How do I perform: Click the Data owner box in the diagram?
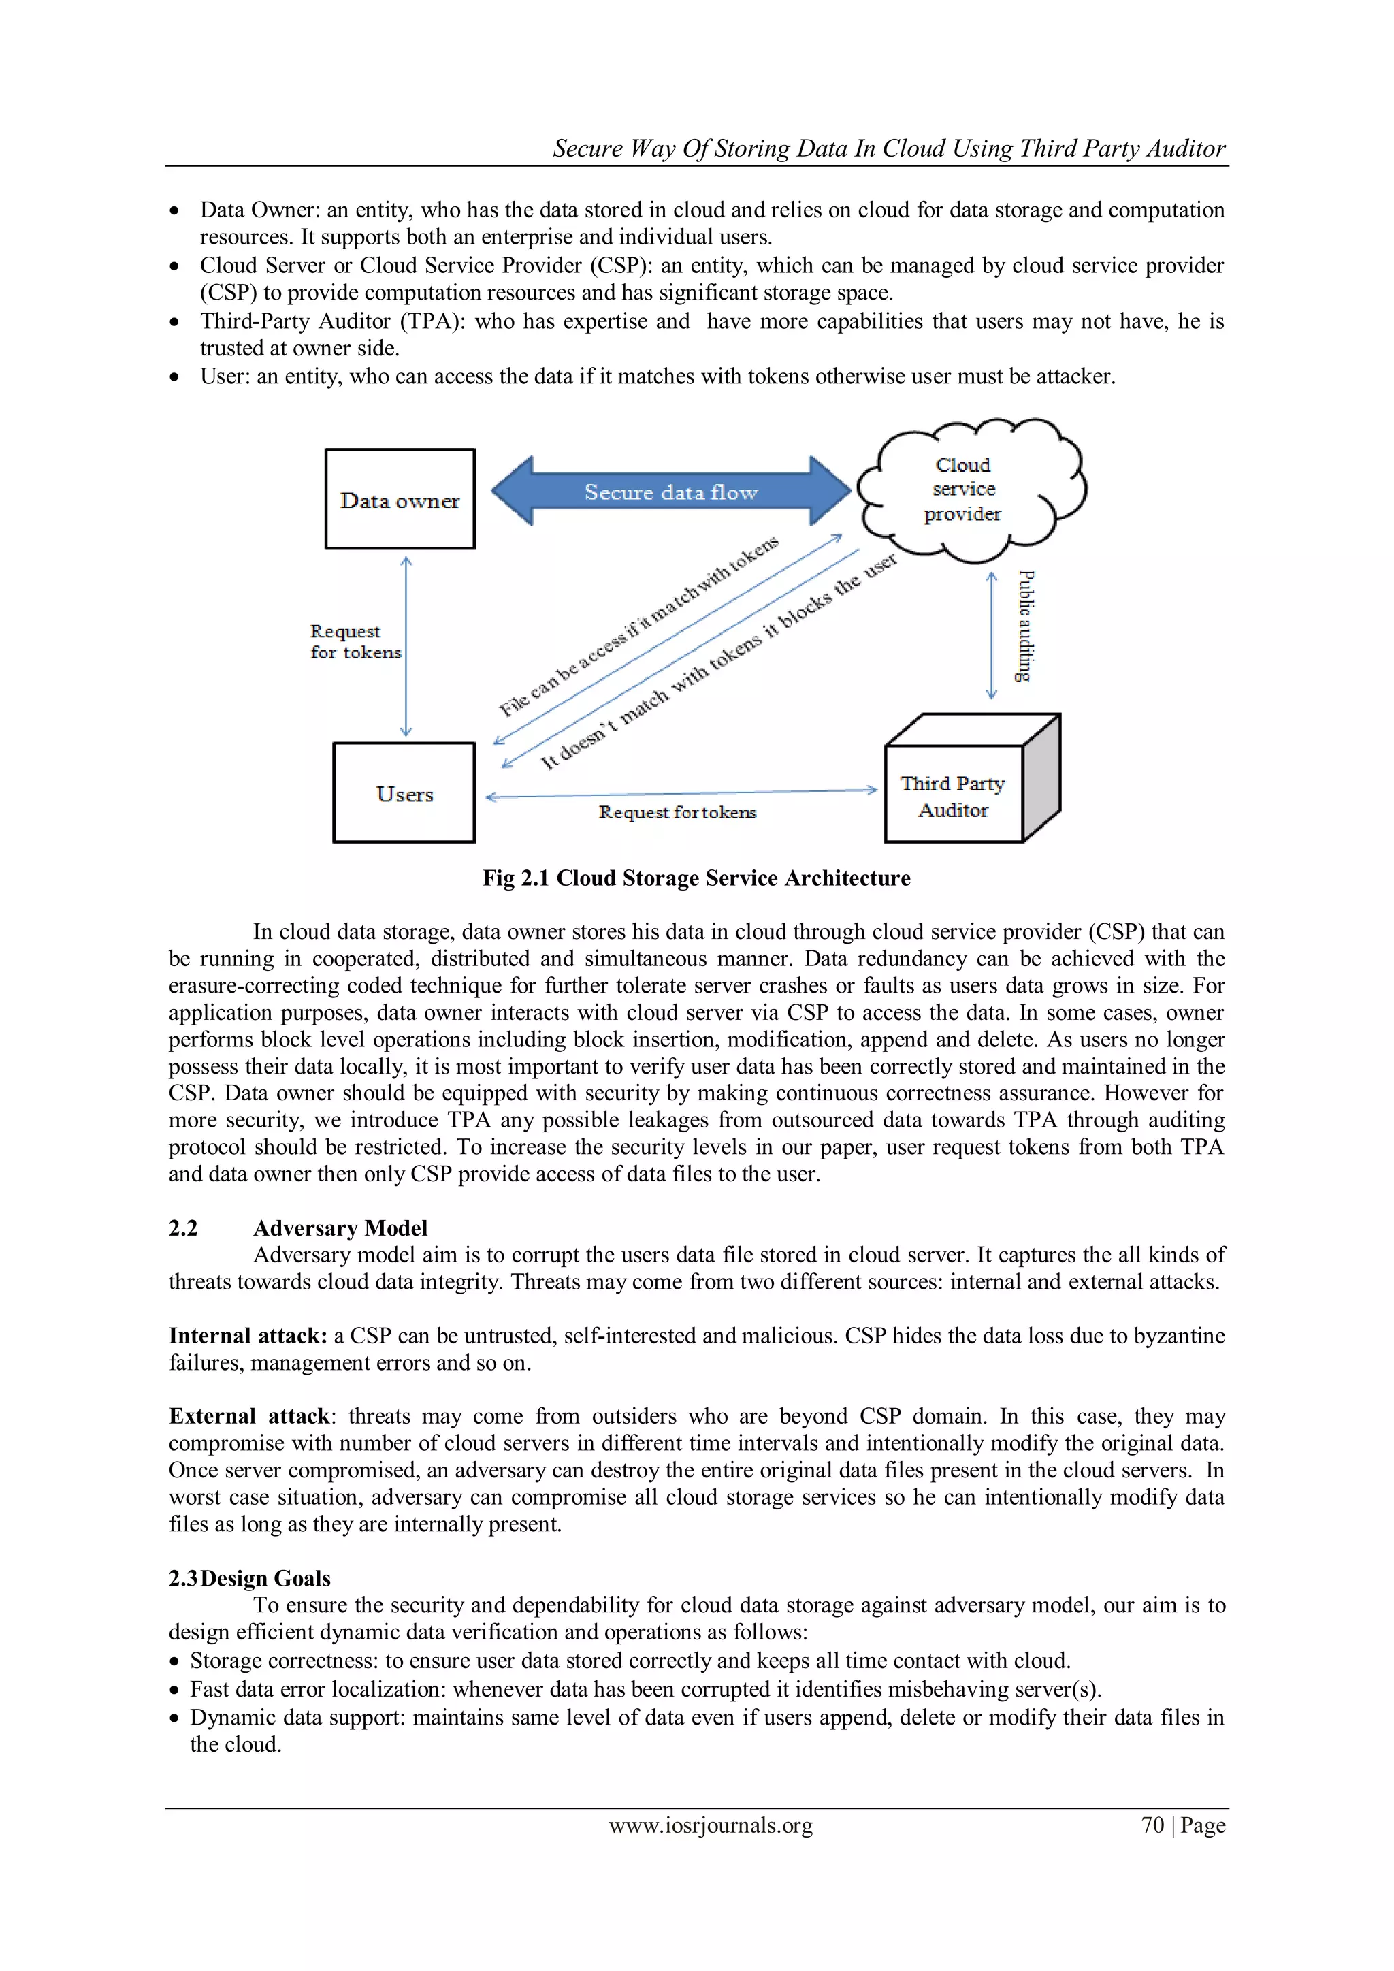tap(400, 499)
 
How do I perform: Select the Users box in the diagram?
tap(404, 792)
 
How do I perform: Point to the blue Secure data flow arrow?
tap(671, 491)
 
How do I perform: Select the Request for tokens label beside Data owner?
tap(354, 641)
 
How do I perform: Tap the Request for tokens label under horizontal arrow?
tap(677, 812)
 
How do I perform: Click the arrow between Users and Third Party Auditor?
tap(681, 794)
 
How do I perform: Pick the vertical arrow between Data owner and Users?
tap(406, 645)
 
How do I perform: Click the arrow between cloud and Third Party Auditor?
tap(992, 635)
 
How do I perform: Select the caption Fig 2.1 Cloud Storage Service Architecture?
tap(696, 878)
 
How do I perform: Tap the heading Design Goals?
tap(265, 1578)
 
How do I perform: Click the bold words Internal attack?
tap(247, 1336)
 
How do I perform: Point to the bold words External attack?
tap(249, 1416)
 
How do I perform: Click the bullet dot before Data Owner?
tap(175, 211)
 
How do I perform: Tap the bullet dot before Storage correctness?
tap(175, 1662)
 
